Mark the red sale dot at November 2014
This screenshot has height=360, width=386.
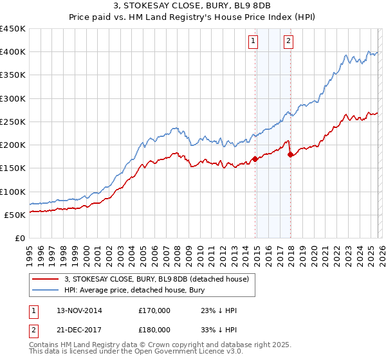(x=255, y=158)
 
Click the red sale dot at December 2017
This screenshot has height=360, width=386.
(x=290, y=154)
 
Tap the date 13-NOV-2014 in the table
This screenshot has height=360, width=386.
(x=79, y=310)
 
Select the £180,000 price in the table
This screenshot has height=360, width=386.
(x=154, y=329)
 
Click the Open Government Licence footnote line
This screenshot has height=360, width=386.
(x=134, y=354)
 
